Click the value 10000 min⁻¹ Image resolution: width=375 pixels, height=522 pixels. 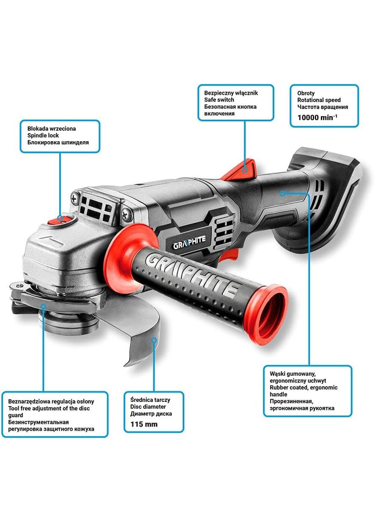coord(317,118)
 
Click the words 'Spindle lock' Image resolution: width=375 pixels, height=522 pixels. coord(43,135)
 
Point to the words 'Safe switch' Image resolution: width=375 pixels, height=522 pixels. coord(219,100)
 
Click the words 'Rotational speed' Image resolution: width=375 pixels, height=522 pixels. coord(319,100)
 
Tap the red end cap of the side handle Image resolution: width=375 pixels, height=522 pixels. coord(266,317)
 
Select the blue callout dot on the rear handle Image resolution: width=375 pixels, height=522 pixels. coord(282,193)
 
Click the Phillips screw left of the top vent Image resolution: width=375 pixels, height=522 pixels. coord(75,199)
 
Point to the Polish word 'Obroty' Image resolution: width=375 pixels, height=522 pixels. coord(306,93)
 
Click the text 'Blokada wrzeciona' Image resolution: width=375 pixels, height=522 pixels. coord(51,129)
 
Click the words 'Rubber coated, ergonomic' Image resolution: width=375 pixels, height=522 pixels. coord(303,388)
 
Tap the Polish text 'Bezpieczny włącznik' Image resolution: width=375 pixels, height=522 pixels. coord(231,93)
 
